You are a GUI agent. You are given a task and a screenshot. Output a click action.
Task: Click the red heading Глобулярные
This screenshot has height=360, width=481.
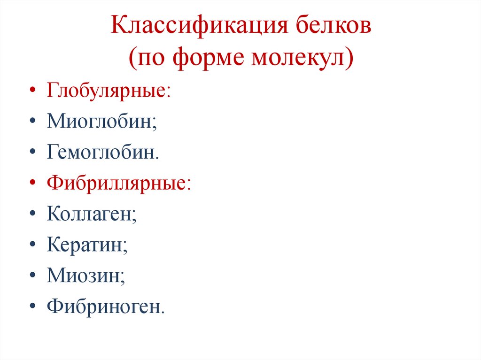pos(108,90)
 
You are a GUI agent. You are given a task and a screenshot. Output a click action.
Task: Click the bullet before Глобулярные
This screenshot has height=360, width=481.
pos(31,91)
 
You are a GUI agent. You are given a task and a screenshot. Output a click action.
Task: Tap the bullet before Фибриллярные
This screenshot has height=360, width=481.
pos(31,184)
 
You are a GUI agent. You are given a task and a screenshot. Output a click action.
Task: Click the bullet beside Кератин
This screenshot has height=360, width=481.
pos(31,246)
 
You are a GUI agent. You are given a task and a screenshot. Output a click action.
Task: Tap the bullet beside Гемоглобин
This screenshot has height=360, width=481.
pos(31,153)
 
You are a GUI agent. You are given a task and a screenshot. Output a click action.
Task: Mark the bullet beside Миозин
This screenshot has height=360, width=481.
pos(31,276)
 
